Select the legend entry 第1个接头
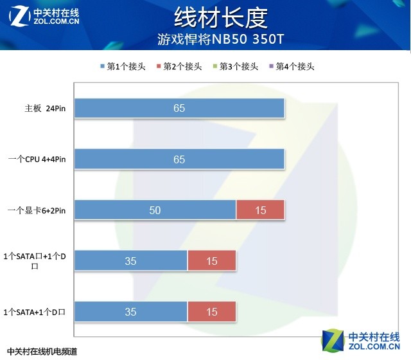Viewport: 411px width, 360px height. pos(123,67)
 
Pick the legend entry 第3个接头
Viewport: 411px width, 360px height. pos(236,67)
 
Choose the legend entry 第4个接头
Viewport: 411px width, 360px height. pos(292,67)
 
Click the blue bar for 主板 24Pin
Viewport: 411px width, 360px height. pos(179,108)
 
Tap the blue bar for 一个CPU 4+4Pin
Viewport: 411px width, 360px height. pos(179,159)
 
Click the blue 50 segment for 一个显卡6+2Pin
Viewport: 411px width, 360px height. pos(155,210)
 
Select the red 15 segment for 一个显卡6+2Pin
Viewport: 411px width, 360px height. pos(260,210)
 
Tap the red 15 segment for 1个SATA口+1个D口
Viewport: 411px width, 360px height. pos(212,261)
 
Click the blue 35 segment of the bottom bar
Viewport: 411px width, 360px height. pos(131,312)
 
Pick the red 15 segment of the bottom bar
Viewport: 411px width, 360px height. pos(212,312)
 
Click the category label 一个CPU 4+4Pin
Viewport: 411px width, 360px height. pos(37,159)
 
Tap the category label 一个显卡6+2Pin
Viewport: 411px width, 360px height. pos(37,210)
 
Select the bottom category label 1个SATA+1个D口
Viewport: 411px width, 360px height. pos(36,312)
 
